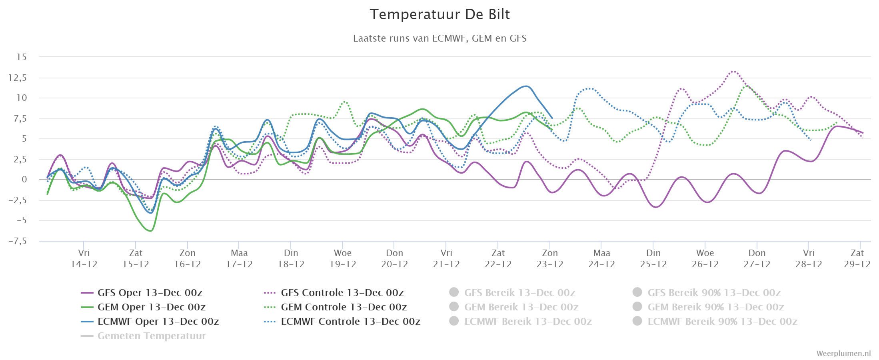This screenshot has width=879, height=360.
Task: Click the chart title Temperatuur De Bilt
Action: tap(439, 14)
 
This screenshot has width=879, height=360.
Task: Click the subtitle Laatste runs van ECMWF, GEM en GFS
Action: tap(439, 38)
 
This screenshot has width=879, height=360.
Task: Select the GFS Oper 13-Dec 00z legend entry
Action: tap(142, 293)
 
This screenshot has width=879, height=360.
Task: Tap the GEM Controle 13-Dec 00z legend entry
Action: tap(335, 307)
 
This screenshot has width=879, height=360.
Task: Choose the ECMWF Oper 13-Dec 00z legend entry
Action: tap(150, 322)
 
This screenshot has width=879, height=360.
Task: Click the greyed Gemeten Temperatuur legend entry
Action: tap(143, 336)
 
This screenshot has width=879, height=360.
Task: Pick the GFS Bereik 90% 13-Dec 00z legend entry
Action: tap(707, 293)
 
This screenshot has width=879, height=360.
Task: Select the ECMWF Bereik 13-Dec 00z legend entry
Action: tap(520, 322)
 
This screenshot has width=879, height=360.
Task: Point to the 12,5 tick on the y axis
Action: tap(18, 78)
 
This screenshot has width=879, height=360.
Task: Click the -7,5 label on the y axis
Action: tap(18, 241)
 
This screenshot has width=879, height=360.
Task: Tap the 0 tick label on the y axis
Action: tap(24, 180)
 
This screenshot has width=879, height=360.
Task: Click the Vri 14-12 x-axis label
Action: tap(84, 258)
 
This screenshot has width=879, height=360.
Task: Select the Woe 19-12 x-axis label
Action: tap(343, 258)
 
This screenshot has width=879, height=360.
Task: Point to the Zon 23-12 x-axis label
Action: tap(550, 258)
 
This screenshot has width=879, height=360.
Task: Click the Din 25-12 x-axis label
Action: tap(653, 258)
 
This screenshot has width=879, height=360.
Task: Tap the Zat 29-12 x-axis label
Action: tap(857, 258)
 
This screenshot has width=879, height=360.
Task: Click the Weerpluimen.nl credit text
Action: tap(843, 354)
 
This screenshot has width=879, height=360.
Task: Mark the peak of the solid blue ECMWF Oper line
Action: tap(525, 86)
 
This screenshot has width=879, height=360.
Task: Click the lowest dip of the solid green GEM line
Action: tap(150, 231)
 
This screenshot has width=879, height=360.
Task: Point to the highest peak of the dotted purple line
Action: tap(733, 71)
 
